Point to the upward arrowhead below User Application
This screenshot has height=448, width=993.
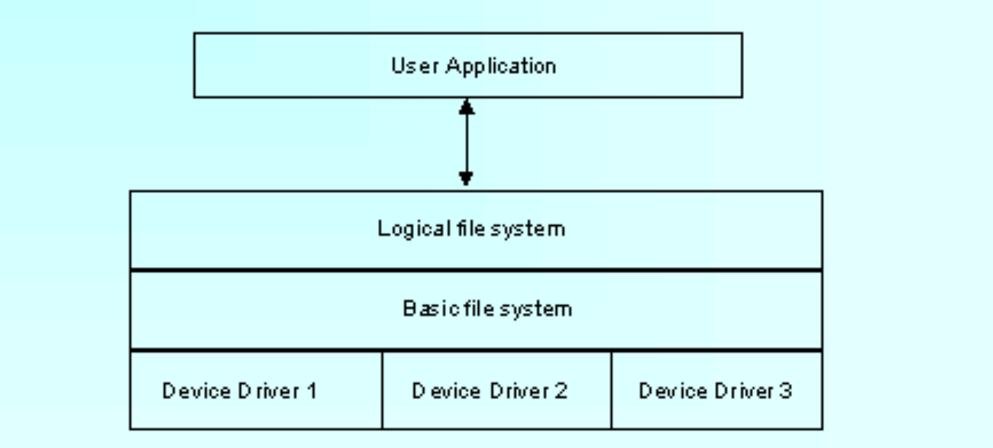(x=466, y=108)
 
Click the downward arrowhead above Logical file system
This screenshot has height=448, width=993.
(x=466, y=179)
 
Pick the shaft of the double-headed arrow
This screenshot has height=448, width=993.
(x=466, y=143)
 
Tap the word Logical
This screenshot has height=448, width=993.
(x=406, y=228)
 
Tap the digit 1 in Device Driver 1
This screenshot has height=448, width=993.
(x=311, y=392)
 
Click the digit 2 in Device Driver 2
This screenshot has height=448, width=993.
(x=561, y=392)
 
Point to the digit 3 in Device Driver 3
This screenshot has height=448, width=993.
(x=786, y=392)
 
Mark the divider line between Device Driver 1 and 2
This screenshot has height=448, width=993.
(x=382, y=389)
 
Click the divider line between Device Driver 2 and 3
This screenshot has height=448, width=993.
(x=611, y=389)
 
